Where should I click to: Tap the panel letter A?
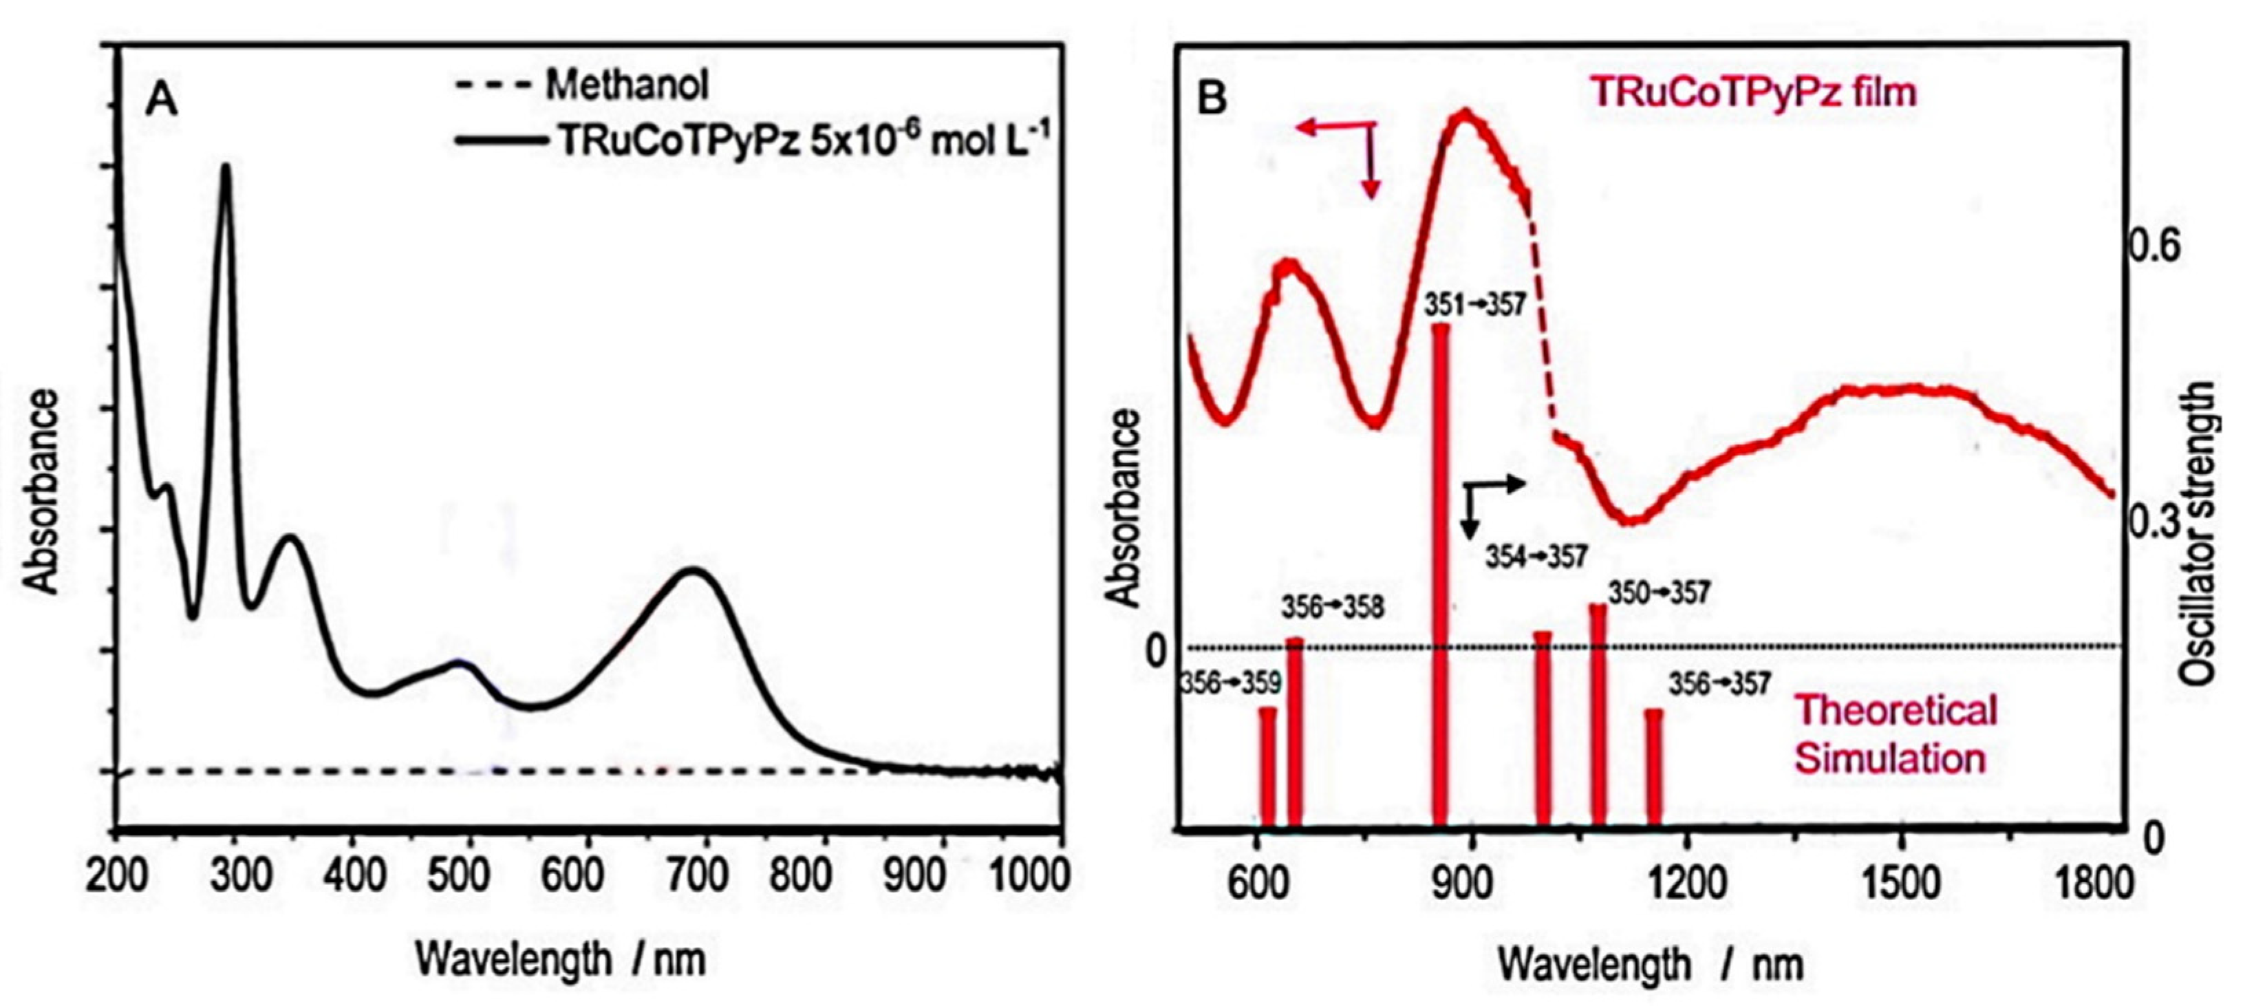(x=162, y=101)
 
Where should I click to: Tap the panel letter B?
(x=1212, y=98)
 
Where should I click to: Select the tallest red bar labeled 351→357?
(x=1441, y=575)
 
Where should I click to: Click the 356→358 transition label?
(x=1332, y=607)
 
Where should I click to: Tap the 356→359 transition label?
(x=1230, y=684)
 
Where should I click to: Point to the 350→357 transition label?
(x=1659, y=594)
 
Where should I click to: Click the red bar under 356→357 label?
(x=1653, y=767)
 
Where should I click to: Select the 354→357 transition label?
(x=1537, y=557)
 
